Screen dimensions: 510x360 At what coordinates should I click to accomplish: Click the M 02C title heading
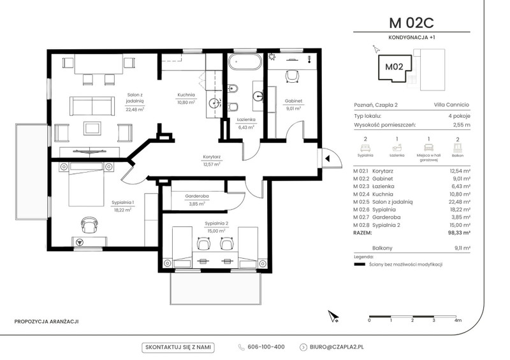click(x=411, y=23)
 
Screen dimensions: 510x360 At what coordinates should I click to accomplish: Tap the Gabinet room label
click(x=293, y=101)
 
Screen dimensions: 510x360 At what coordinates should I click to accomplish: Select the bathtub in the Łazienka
click(x=245, y=61)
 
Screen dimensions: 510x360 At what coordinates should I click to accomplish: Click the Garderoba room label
click(x=197, y=196)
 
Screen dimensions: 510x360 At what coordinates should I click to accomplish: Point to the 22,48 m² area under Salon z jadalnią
click(x=135, y=110)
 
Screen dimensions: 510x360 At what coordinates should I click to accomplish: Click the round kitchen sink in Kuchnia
click(x=214, y=103)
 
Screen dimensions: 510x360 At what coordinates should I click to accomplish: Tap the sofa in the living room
click(x=92, y=106)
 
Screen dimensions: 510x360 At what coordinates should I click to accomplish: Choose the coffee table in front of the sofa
click(x=92, y=128)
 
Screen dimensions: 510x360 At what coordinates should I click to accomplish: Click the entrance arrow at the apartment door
click(x=328, y=159)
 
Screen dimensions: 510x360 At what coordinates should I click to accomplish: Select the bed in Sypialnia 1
click(x=86, y=184)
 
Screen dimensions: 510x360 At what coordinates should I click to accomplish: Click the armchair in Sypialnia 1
click(x=89, y=225)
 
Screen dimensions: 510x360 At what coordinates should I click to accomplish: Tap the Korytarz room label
click(x=212, y=157)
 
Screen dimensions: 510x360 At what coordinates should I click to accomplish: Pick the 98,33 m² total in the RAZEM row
click(x=459, y=233)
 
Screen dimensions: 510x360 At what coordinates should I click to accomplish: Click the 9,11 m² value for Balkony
click(x=462, y=248)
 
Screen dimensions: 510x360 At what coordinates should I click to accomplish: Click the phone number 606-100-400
click(x=266, y=347)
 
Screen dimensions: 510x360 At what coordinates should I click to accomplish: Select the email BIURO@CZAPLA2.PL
click(x=337, y=347)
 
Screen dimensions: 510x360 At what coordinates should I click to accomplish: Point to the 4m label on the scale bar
click(x=458, y=320)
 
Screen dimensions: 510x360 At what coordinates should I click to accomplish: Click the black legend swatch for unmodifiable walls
click(x=360, y=264)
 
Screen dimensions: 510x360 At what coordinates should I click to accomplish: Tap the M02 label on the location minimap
click(x=394, y=67)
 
